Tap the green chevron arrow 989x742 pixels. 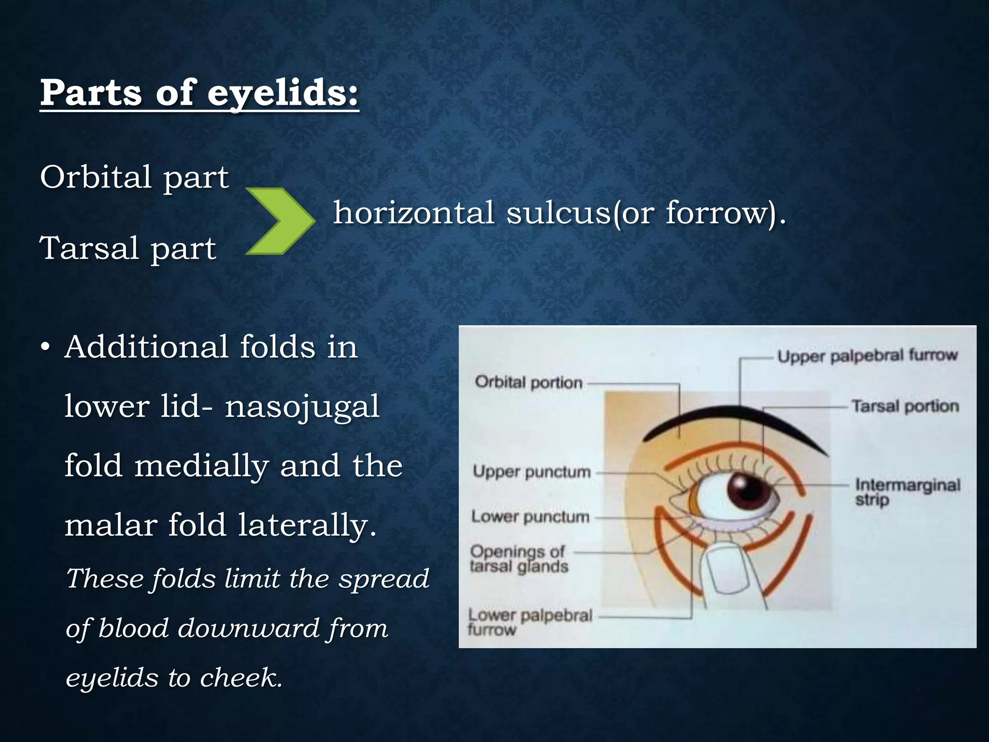coord(280,221)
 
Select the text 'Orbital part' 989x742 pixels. coord(134,177)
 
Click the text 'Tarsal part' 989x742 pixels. coord(128,248)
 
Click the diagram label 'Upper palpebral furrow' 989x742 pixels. coord(867,356)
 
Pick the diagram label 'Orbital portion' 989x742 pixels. coord(528,383)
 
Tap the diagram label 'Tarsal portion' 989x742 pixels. coord(904,406)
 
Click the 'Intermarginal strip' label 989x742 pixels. coord(907,491)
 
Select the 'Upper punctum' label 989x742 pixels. coord(531,471)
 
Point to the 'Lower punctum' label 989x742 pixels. coord(530,517)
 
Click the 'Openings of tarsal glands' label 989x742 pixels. coord(519,558)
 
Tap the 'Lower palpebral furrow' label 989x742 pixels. coord(529,622)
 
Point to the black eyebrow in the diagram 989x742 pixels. coord(734,419)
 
